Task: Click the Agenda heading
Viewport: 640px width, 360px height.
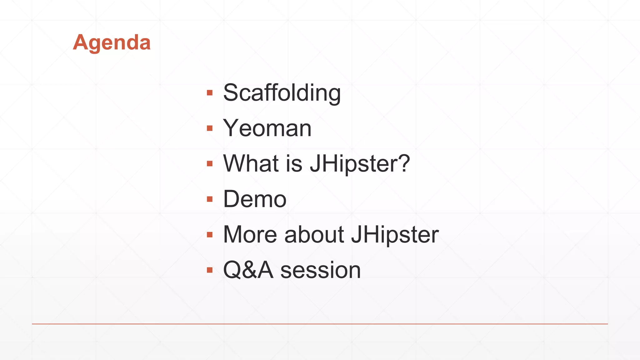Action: tap(112, 42)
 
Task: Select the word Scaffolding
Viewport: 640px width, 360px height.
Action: tap(282, 93)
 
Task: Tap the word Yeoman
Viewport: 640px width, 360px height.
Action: tap(267, 128)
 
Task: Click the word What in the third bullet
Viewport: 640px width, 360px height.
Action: tap(251, 163)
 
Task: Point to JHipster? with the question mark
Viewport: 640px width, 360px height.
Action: tap(359, 163)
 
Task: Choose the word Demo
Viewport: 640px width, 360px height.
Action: tap(255, 199)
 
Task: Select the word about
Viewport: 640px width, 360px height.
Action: tap(314, 234)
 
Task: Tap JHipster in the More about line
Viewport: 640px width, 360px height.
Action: tap(395, 234)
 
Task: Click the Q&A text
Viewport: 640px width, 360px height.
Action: tap(248, 270)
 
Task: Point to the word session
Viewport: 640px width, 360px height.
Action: tap(320, 270)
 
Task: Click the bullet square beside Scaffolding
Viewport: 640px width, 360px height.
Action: tap(210, 93)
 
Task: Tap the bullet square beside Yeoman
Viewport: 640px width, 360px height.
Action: tap(210, 128)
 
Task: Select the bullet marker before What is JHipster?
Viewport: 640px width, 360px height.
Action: tap(210, 163)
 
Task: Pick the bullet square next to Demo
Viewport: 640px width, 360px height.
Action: tap(210, 199)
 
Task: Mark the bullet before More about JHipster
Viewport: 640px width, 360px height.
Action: tap(210, 234)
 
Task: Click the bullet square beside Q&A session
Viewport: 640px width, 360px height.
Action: tap(210, 270)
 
